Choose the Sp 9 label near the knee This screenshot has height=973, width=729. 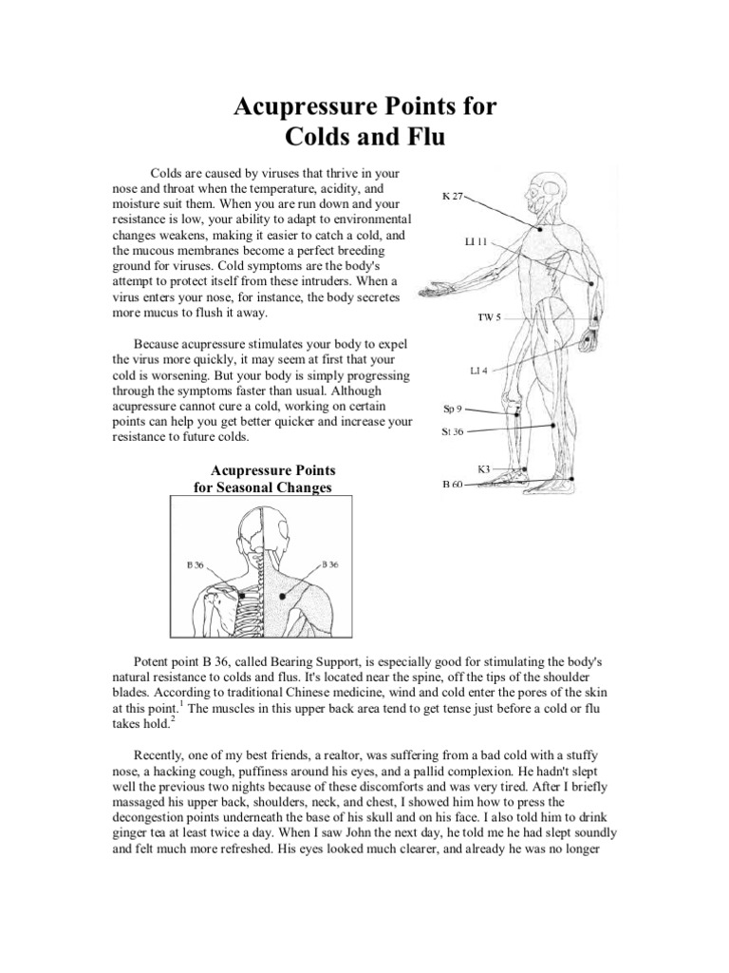[x=453, y=409]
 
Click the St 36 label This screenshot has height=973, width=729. [x=453, y=431]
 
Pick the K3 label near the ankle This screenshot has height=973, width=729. [x=484, y=468]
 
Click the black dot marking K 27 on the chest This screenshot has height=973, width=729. [x=540, y=229]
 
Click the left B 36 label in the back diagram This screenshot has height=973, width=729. [x=195, y=563]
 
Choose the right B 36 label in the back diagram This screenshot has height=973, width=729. [x=330, y=563]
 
